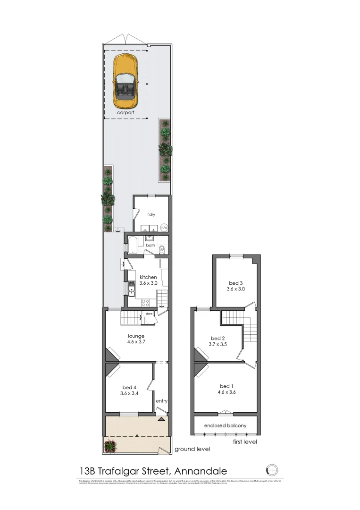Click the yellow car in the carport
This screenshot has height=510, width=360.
(125, 81)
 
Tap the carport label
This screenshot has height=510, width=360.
(126, 113)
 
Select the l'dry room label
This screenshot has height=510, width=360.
(151, 214)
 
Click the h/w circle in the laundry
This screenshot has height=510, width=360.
(164, 227)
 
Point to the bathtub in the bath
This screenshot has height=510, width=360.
(133, 246)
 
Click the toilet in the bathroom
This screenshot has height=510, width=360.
(162, 248)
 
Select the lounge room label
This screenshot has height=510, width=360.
(136, 336)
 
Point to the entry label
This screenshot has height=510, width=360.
(162, 401)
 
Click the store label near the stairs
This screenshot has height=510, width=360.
(149, 314)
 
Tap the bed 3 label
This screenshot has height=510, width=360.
(236, 282)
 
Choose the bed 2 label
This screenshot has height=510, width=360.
(218, 338)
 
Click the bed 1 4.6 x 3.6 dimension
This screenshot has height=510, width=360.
(226, 392)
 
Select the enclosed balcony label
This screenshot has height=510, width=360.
(225, 425)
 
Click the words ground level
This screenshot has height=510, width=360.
(192, 449)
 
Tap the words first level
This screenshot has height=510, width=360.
(245, 442)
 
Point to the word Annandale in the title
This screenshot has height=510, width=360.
(201, 471)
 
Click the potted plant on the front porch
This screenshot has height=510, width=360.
(110, 445)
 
